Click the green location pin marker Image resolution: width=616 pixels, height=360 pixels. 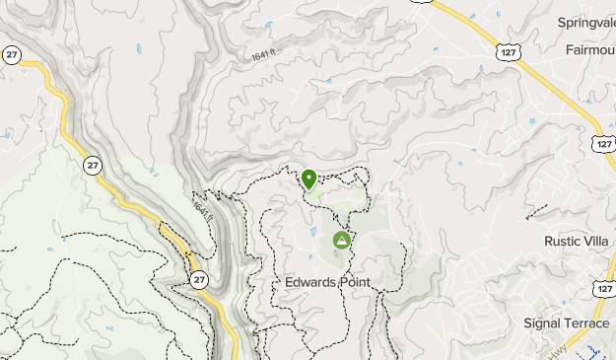click(x=309, y=179)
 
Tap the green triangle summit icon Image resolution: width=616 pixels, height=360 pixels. click(x=342, y=240)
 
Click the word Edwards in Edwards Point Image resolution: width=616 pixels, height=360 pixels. click(x=306, y=283)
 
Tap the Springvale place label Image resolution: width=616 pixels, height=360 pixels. click(x=585, y=23)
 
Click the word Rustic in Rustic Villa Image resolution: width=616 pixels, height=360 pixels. click(x=565, y=240)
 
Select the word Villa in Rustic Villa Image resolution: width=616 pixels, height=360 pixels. click(x=599, y=240)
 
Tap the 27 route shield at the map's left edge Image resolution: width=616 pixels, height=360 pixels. click(x=10, y=54)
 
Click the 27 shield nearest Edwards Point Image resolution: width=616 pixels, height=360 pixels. click(x=199, y=280)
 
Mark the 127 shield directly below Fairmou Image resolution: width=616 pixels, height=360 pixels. click(x=604, y=145)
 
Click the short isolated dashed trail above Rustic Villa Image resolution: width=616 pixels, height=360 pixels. click(x=536, y=211)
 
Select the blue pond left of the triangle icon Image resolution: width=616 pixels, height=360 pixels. click(x=314, y=233)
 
